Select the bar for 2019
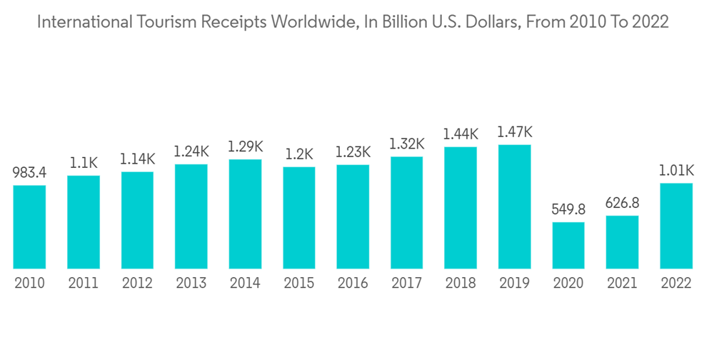(514, 206)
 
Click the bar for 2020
(568, 245)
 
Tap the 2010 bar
(29, 226)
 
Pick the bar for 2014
(245, 214)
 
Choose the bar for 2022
(676, 226)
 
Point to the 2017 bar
(406, 212)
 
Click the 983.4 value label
(29, 173)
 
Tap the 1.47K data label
(514, 132)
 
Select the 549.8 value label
(568, 209)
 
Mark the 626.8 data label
(622, 203)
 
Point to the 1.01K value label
(676, 171)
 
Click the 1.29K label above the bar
(245, 146)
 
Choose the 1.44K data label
(461, 134)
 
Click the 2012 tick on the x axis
(137, 284)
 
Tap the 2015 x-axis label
(298, 284)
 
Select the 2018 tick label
(461, 284)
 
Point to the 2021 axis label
(622, 284)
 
